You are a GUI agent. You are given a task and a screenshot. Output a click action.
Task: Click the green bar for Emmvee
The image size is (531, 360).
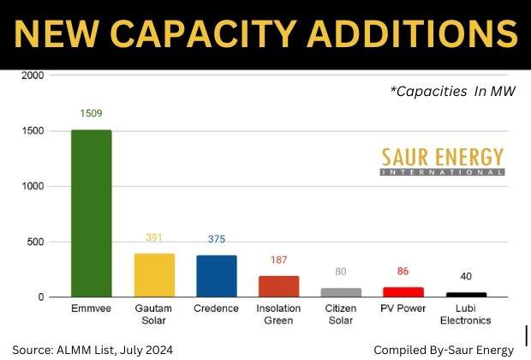pyautogui.click(x=91, y=213)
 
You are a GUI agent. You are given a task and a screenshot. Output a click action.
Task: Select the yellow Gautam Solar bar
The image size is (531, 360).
pyautogui.click(x=154, y=275)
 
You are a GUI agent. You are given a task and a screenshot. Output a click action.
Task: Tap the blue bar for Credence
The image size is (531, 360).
pyautogui.click(x=217, y=276)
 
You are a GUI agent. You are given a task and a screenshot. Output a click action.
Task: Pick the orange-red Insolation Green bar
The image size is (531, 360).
pyautogui.click(x=279, y=286)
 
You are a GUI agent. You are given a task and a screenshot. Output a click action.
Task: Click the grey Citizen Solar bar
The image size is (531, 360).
pyautogui.click(x=341, y=292)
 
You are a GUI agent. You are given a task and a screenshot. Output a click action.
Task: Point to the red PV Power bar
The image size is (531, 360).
pyautogui.click(x=403, y=292)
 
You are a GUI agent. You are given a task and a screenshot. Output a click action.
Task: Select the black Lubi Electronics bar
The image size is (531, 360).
pyautogui.click(x=466, y=294)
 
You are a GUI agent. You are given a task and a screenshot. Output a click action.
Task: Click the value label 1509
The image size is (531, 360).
pyautogui.click(x=92, y=113)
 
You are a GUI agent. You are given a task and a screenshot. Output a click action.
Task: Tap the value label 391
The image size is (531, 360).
pyautogui.click(x=154, y=237)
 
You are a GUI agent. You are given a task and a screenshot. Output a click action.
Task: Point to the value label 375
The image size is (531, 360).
pyautogui.click(x=217, y=239)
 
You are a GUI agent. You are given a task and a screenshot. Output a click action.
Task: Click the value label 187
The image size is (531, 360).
pyautogui.click(x=279, y=260)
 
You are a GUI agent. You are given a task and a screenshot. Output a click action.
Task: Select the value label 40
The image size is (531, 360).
pyautogui.click(x=466, y=276)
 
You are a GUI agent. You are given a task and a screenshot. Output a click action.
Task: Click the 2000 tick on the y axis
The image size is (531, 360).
pyautogui.click(x=33, y=75)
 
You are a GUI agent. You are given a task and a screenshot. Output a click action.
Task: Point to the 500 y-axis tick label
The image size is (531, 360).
pyautogui.click(x=35, y=242)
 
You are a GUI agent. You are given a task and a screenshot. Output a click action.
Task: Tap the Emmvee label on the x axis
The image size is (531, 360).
pyautogui.click(x=91, y=308)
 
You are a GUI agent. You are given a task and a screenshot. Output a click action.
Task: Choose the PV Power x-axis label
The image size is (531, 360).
pyautogui.click(x=403, y=308)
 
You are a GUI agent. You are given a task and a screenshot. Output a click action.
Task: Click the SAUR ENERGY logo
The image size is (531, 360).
pyautogui.click(x=442, y=161)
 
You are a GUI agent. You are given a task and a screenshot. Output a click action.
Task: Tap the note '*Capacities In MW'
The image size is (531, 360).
pyautogui.click(x=453, y=91)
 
